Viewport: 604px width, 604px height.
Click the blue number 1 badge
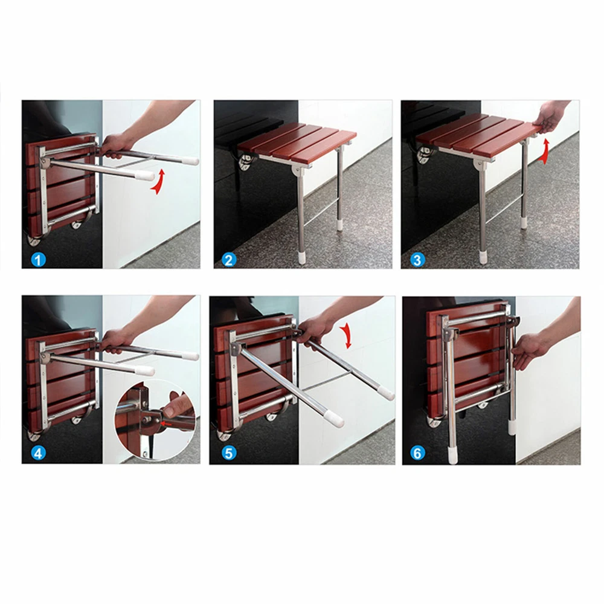click(37, 260)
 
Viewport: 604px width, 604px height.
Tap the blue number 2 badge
click(229, 260)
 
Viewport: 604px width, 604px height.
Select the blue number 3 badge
click(417, 260)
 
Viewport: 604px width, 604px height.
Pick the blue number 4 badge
click(37, 453)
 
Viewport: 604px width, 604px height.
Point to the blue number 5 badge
click(229, 453)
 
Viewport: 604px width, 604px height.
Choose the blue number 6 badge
click(417, 453)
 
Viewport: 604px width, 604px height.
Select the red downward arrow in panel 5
click(347, 335)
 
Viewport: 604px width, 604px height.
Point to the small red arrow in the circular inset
click(167, 424)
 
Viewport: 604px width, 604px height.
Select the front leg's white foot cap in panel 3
click(483, 257)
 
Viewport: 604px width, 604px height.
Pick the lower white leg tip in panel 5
click(335, 419)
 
